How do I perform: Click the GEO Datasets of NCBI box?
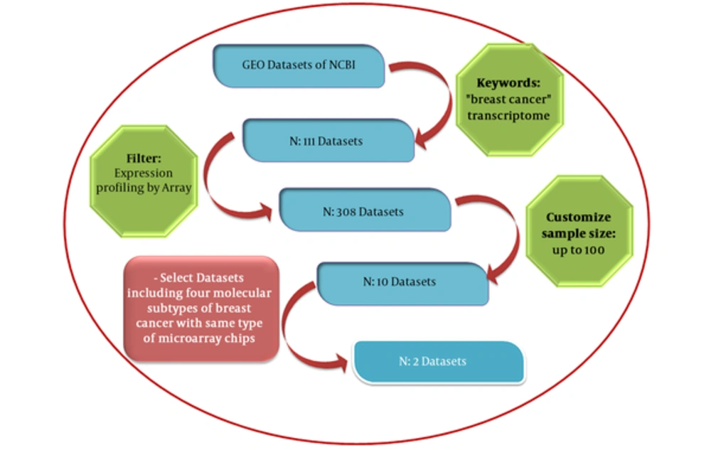pos(299,65)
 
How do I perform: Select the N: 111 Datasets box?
pos(328,141)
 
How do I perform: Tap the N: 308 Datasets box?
pos(365,210)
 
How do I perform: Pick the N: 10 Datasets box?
pos(402,284)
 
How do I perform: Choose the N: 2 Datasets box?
pos(439,362)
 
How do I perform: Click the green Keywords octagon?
pos(509,100)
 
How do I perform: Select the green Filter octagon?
pos(144,181)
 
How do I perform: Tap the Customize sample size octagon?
pos(579,231)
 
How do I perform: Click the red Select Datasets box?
pos(201,309)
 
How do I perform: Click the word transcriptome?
pos(508,116)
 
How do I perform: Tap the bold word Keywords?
pos(508,83)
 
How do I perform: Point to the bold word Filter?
pos(144,158)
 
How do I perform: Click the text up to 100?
pos(578,250)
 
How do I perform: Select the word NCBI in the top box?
pos(342,65)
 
